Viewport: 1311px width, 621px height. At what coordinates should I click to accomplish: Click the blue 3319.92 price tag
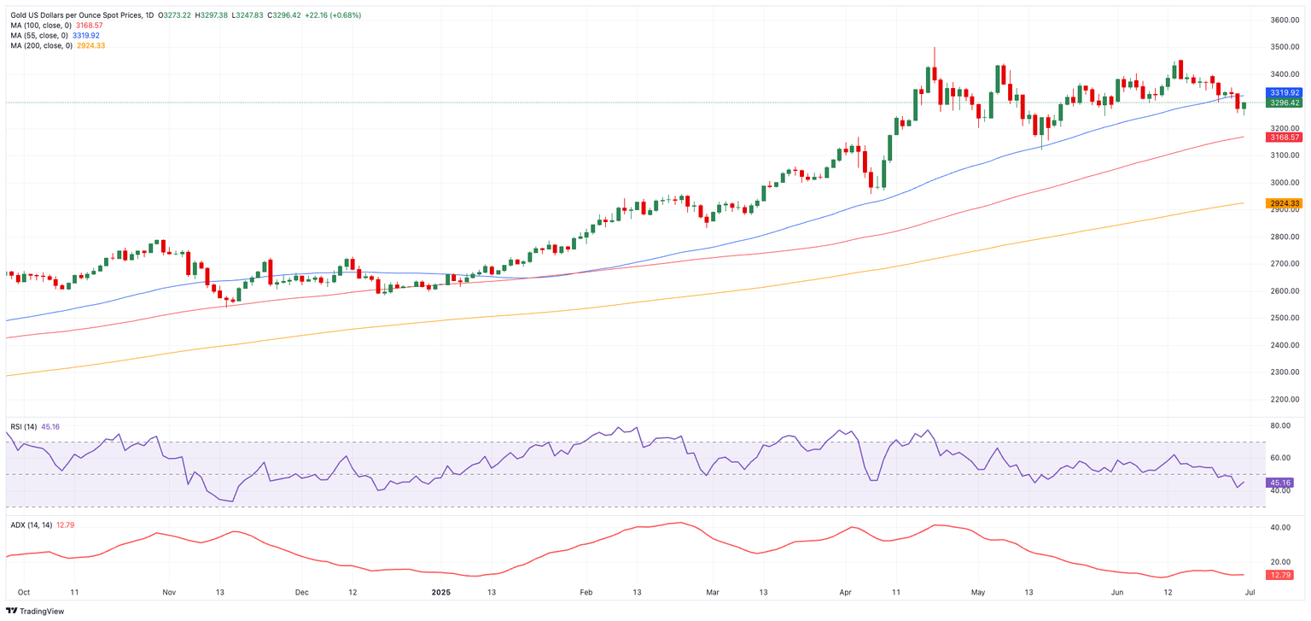(x=1285, y=92)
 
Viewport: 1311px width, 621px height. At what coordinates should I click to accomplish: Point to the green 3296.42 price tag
(x=1285, y=103)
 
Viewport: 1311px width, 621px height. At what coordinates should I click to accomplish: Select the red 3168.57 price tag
(x=1285, y=138)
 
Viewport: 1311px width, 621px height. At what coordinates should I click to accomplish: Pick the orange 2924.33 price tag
(x=1285, y=203)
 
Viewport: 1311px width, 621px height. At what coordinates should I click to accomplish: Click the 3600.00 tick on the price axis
(x=1285, y=20)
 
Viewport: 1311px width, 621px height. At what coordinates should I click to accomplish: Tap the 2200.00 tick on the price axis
(x=1285, y=399)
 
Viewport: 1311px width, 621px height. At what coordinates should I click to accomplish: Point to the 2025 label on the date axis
(x=440, y=591)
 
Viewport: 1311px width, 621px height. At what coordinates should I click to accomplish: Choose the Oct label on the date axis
(x=24, y=591)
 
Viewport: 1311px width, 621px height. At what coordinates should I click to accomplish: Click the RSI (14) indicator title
(x=23, y=426)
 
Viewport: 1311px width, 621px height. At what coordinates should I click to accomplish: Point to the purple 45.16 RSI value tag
(x=1283, y=483)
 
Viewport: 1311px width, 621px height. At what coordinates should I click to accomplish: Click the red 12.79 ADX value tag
(x=1283, y=575)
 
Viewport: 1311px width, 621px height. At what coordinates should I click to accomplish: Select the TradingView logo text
(x=41, y=611)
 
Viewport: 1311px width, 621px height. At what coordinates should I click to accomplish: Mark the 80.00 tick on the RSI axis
(x=1279, y=425)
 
